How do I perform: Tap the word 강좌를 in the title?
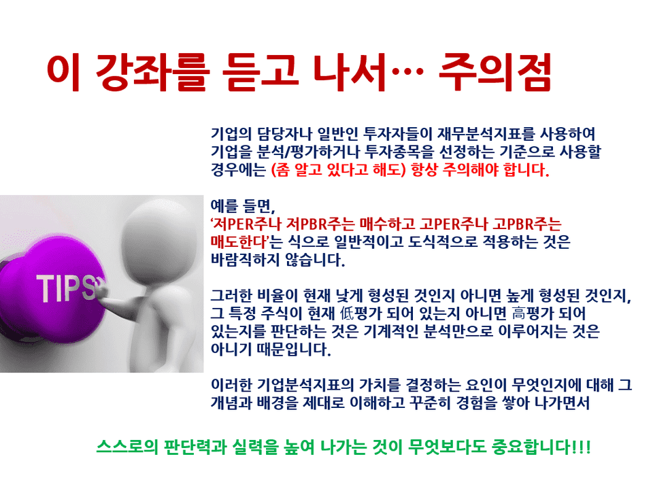tap(152, 72)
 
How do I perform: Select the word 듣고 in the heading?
tap(261, 72)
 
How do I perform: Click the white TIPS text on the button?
tap(66, 288)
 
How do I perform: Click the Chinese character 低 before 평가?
tap(346, 313)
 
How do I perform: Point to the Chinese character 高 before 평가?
tap(518, 313)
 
